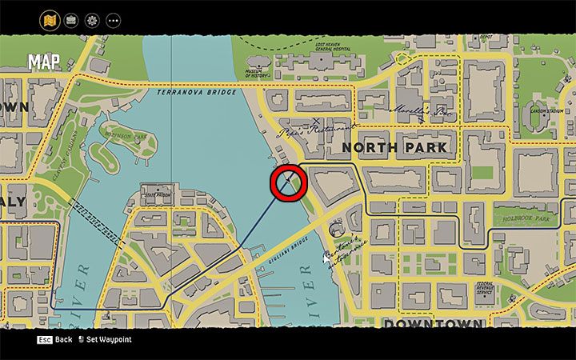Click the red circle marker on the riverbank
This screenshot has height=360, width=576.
[288, 183]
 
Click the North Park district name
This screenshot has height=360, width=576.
[394, 148]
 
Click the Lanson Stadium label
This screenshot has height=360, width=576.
[547, 111]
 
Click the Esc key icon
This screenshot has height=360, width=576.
[44, 339]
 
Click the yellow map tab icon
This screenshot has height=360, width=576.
[50, 19]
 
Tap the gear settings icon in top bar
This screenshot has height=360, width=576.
[91, 19]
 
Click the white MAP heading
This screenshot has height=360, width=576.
[46, 62]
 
